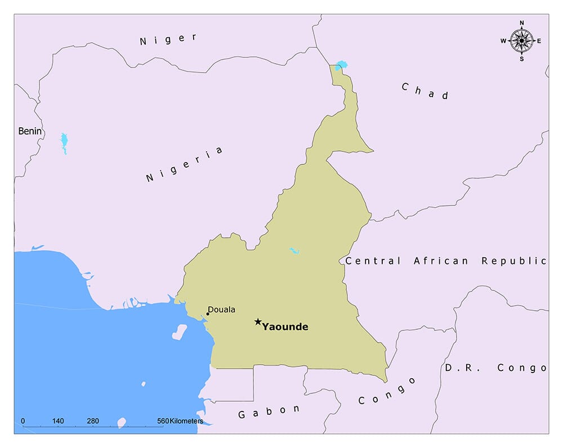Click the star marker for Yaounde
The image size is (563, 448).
(x=258, y=322)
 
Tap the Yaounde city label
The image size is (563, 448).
(x=285, y=327)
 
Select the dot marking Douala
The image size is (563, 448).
(x=208, y=314)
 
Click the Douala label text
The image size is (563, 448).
(x=222, y=310)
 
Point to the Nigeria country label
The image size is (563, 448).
(x=185, y=164)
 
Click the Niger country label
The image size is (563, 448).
(x=168, y=39)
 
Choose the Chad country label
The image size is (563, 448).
(x=425, y=91)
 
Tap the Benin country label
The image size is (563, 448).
(x=30, y=131)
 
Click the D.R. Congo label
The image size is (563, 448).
(x=495, y=368)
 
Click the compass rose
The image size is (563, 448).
(x=521, y=41)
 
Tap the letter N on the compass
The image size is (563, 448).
(x=522, y=23)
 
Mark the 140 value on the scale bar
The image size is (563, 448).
(x=58, y=421)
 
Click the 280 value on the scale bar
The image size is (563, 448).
(x=93, y=421)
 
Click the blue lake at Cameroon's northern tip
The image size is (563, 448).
(x=339, y=66)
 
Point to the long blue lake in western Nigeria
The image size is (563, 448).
(x=64, y=143)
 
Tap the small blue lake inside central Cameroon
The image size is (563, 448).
(x=294, y=250)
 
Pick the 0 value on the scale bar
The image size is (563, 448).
(x=23, y=421)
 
